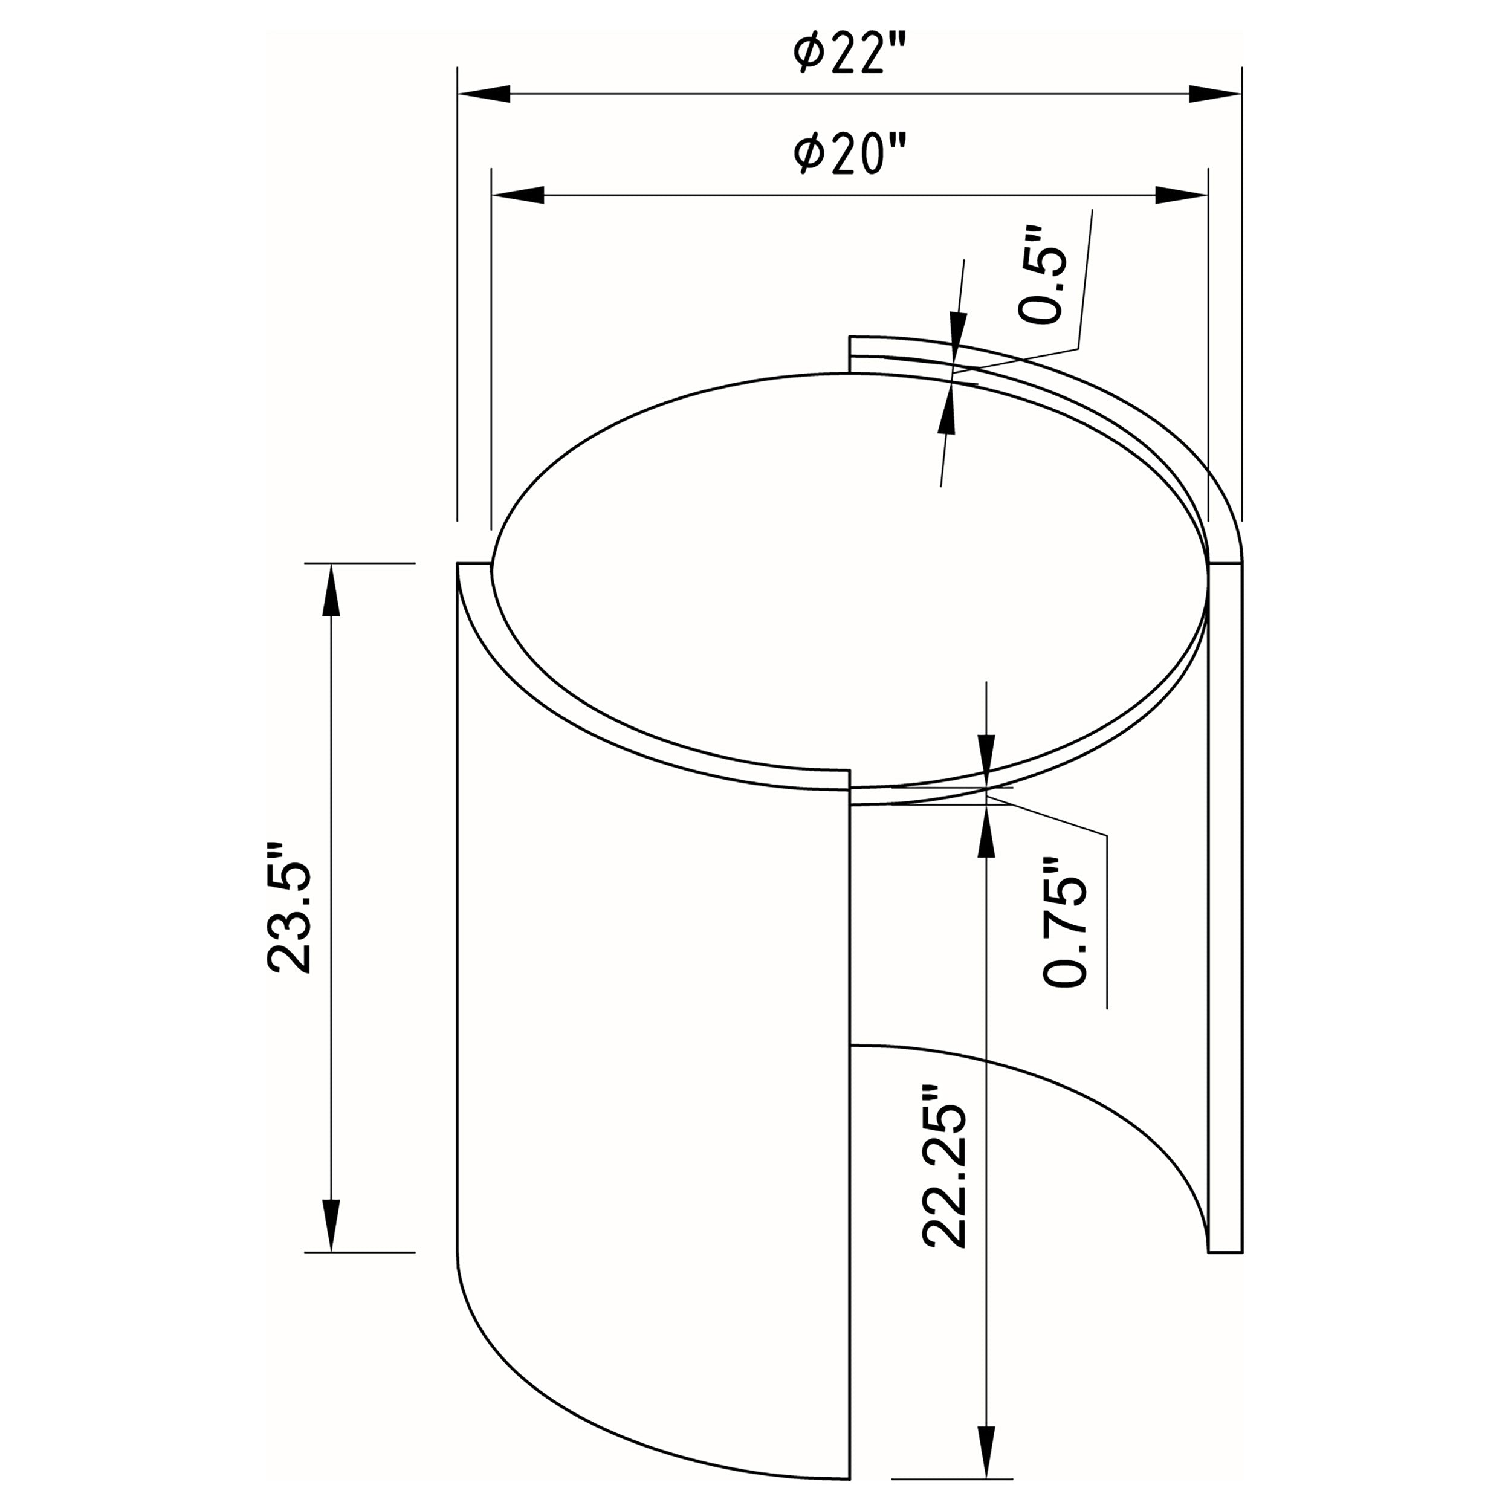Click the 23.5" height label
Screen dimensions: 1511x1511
(290, 908)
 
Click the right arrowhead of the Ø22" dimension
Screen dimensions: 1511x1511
(1215, 94)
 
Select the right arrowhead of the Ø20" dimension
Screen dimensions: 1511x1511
(1182, 195)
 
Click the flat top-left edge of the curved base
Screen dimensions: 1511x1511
(474, 563)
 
